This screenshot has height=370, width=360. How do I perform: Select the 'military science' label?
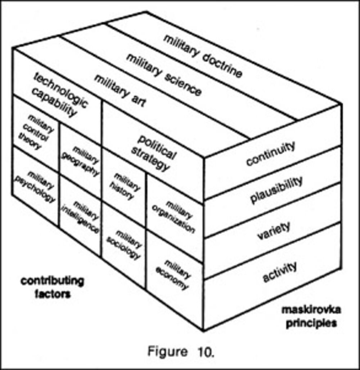(164, 74)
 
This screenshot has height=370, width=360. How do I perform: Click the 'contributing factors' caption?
(52, 287)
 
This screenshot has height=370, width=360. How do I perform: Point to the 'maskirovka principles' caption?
(309, 316)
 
